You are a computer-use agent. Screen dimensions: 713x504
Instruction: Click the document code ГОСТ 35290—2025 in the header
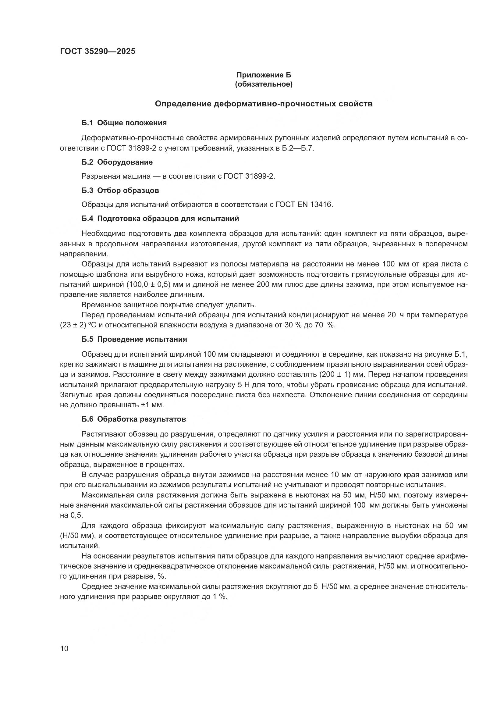[x=98, y=51]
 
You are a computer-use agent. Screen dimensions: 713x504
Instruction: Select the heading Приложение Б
[x=264, y=75]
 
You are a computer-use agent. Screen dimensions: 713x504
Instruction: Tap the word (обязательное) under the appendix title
[x=264, y=84]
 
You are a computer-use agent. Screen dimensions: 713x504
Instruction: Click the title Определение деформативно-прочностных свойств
[x=264, y=104]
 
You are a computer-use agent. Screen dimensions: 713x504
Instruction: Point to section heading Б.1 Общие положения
[x=124, y=123]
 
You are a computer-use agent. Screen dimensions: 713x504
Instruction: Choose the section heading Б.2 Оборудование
[x=117, y=162]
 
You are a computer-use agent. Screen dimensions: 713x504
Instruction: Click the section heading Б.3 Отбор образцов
[x=120, y=190]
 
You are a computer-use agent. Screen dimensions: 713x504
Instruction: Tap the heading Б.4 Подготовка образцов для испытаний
[x=160, y=219]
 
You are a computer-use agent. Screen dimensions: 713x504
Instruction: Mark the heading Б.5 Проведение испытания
[x=134, y=339]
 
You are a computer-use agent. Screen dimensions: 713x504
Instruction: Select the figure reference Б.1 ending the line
[x=460, y=354]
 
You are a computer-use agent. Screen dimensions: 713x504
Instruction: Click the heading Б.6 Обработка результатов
[x=134, y=419]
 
